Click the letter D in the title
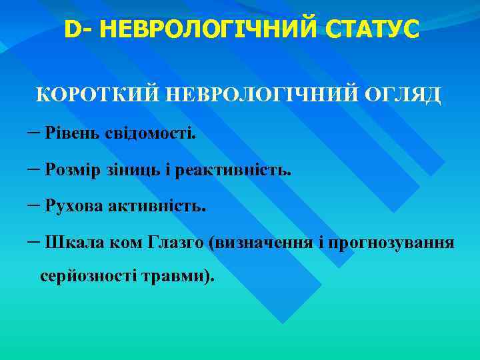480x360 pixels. (72, 29)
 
